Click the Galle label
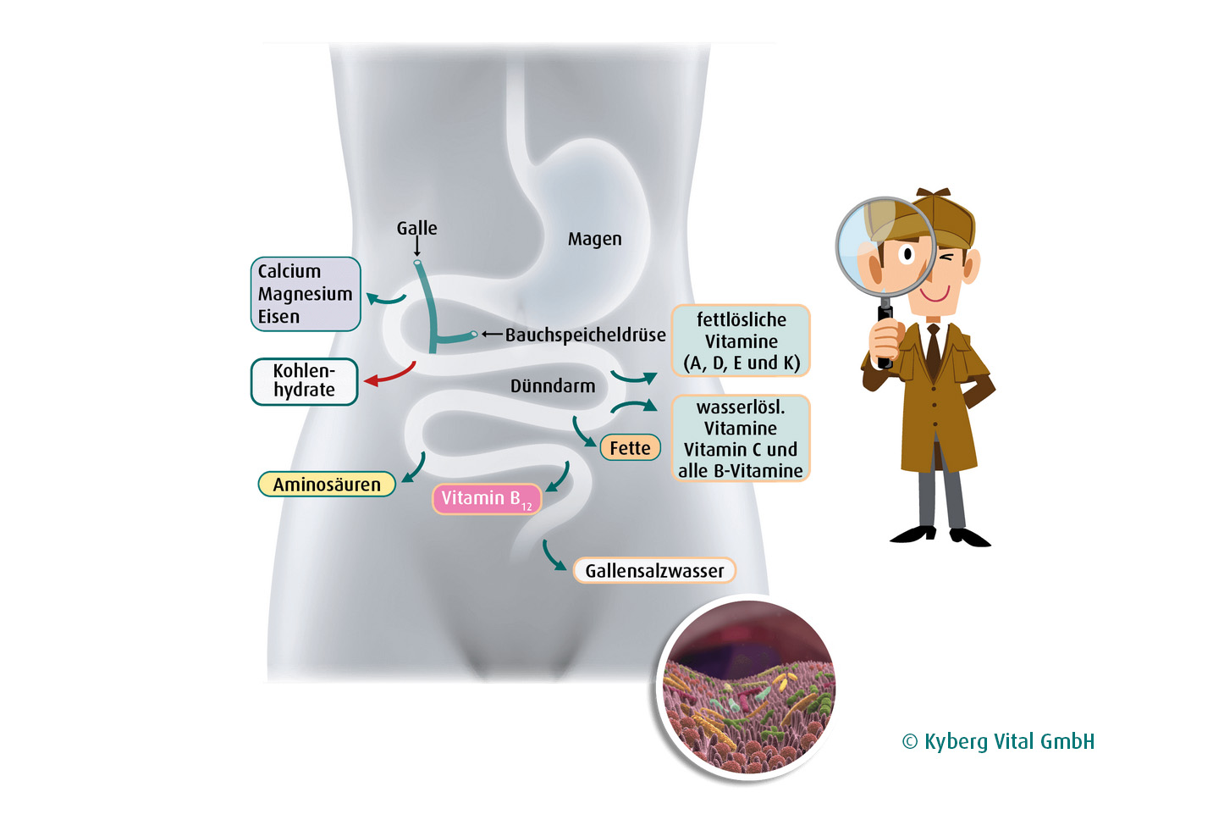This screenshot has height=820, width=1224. [416, 228]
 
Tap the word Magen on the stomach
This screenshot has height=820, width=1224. [594, 239]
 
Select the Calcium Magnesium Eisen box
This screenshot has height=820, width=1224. [306, 294]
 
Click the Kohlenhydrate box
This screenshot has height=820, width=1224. [304, 381]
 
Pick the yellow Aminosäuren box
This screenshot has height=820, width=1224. [327, 485]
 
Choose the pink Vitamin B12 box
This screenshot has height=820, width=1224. [486, 498]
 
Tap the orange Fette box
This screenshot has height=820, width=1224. [630, 448]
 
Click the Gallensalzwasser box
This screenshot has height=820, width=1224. [654, 571]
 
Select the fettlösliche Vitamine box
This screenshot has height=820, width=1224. [741, 341]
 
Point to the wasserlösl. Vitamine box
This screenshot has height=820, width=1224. [741, 438]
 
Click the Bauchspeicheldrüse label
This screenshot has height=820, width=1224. [585, 335]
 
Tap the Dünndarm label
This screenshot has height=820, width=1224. [553, 386]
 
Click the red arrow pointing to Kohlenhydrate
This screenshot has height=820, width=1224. [391, 374]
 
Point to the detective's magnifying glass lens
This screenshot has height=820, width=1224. [885, 247]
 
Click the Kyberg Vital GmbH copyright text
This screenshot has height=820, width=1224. [998, 742]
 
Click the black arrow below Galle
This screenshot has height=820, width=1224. [416, 247]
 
